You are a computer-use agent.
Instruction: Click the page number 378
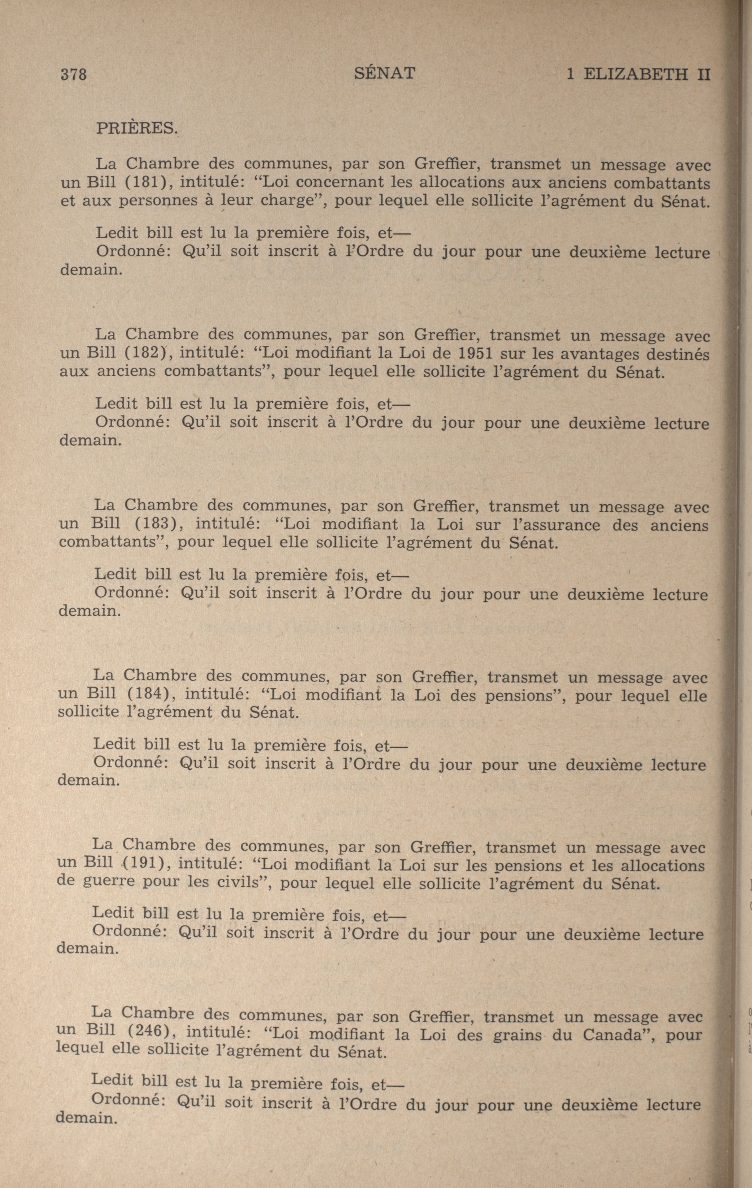pos(73,75)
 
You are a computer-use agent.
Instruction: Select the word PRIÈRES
pos(136,128)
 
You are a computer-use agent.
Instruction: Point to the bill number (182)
pos(146,353)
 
